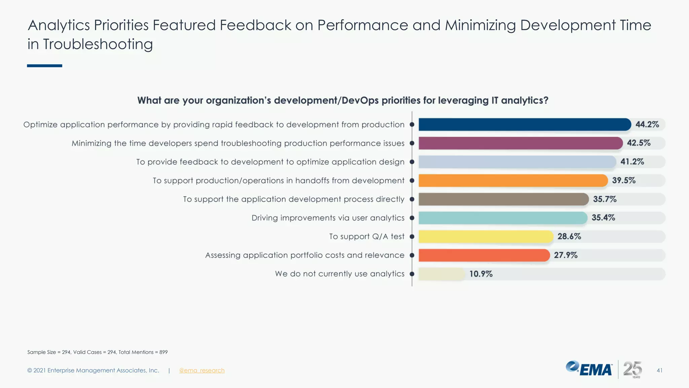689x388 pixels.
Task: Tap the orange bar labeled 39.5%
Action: coord(513,181)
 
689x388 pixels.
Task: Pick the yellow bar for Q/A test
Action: coord(485,236)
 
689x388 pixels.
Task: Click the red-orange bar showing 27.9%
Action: coord(484,255)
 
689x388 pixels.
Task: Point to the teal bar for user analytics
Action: coord(503,218)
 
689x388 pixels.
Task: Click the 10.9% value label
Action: coord(481,274)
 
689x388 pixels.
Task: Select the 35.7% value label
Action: coord(605,199)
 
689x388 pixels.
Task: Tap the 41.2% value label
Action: coord(632,162)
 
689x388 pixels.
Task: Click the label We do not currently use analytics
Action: coord(339,274)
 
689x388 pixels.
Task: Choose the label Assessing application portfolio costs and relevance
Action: coord(304,255)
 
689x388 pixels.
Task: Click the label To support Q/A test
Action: coord(366,236)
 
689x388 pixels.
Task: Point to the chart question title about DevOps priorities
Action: coord(342,100)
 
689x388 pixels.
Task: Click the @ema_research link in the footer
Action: coord(202,370)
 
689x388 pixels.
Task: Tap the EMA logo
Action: coord(589,369)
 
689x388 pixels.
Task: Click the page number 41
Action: coord(659,370)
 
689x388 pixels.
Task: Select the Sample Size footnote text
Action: coord(97,352)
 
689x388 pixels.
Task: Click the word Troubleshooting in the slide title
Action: coord(98,44)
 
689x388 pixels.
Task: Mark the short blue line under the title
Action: coord(44,66)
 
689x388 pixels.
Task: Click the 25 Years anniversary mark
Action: coord(632,369)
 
